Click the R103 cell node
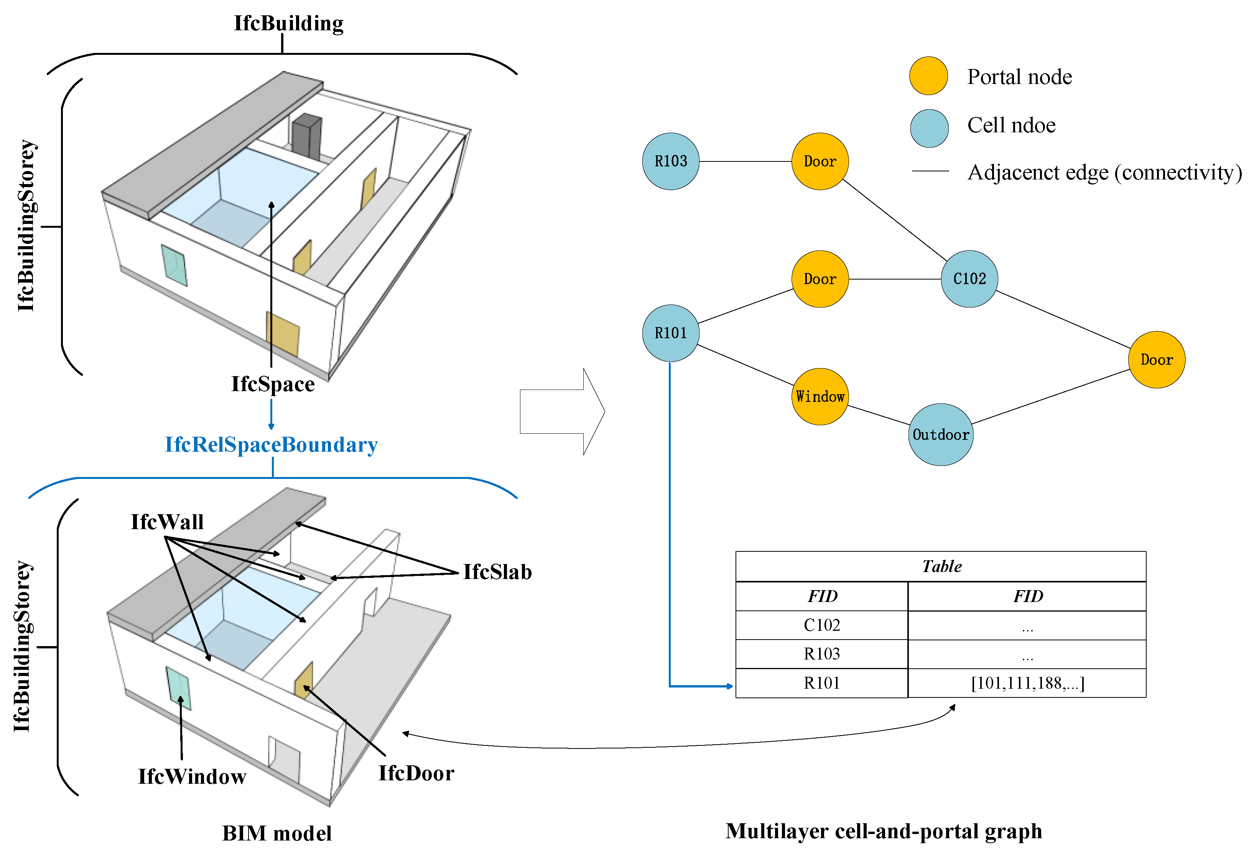pyautogui.click(x=670, y=161)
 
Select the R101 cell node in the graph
pyautogui.click(x=670, y=333)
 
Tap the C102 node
pyautogui.click(x=969, y=279)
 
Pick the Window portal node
pyautogui.click(x=820, y=396)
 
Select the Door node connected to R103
pyautogui.click(x=820, y=161)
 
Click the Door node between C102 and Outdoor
pyautogui.click(x=1156, y=360)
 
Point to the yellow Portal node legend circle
pyautogui.click(x=928, y=76)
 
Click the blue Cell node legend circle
pyautogui.click(x=929, y=128)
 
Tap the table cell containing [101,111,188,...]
pyautogui.click(x=1027, y=683)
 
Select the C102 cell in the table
pyautogui.click(x=821, y=625)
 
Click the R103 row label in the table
pyautogui.click(x=821, y=654)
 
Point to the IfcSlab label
pyautogui.click(x=497, y=572)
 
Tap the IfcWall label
pyautogui.click(x=167, y=522)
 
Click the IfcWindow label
pyautogui.click(x=192, y=776)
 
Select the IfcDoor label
pyautogui.click(x=416, y=773)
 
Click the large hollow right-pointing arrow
pyautogui.click(x=561, y=412)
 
